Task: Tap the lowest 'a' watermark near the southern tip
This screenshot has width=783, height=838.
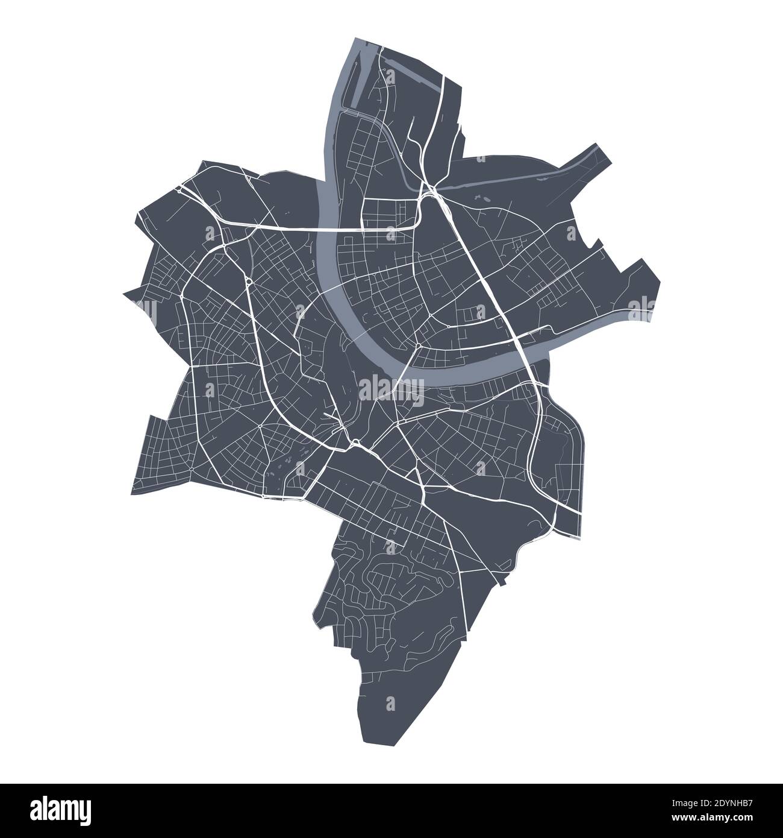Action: click(x=390, y=703)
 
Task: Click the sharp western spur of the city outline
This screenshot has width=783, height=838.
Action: click(x=125, y=295)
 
